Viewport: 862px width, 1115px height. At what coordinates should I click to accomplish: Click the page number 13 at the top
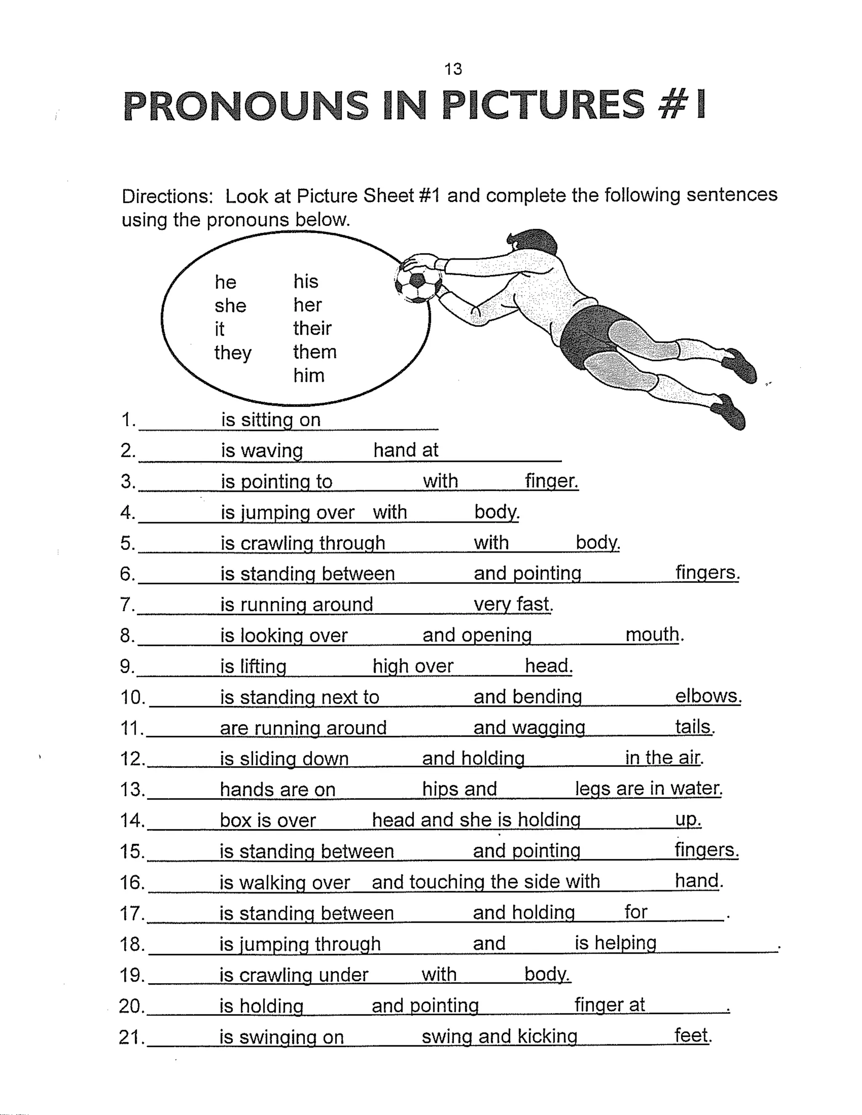[x=453, y=69]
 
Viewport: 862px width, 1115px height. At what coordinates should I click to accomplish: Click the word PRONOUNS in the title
[x=246, y=106]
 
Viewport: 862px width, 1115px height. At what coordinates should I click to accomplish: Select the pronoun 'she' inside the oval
[x=230, y=306]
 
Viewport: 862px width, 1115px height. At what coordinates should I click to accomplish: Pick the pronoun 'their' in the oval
[x=312, y=328]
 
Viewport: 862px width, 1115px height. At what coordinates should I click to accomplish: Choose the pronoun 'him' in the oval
[x=309, y=376]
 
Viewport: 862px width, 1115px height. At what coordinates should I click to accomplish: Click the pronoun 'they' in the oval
[x=233, y=353]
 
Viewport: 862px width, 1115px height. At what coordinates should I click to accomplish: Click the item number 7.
[x=126, y=605]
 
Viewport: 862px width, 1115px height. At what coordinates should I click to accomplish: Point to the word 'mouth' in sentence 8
[x=652, y=634]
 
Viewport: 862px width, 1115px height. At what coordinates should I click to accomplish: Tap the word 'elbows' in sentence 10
[x=707, y=696]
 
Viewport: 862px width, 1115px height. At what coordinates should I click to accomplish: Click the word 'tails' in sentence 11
[x=693, y=727]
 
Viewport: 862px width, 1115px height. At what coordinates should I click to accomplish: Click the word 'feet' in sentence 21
[x=692, y=1036]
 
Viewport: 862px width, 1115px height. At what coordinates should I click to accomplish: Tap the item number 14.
[x=132, y=820]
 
